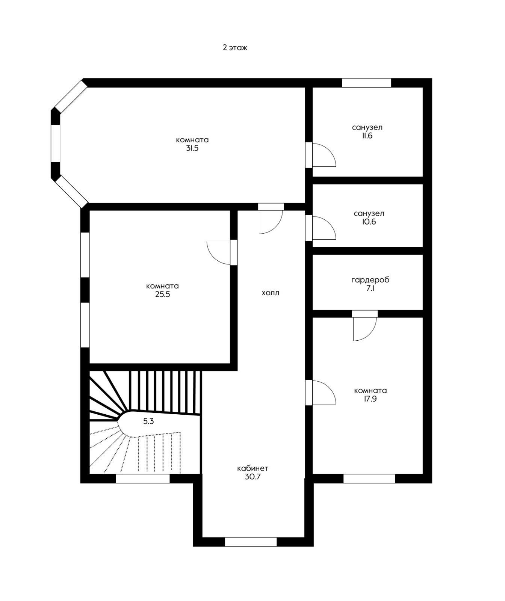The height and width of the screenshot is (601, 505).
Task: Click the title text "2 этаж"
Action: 235,48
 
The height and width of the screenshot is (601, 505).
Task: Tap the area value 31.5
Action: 192,148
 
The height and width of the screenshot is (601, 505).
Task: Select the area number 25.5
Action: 163,294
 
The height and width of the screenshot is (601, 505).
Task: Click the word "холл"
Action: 271,293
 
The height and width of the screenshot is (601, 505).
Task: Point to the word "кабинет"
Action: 252,468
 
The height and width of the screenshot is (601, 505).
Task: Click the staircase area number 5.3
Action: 148,421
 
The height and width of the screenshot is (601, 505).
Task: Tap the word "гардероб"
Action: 370,280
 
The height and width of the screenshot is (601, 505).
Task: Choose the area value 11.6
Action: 367,136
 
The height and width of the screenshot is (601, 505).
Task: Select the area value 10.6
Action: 369,222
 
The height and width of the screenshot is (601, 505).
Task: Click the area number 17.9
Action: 370,399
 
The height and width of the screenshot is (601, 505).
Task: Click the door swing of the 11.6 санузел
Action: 324,155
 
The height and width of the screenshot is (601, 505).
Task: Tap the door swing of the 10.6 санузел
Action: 324,228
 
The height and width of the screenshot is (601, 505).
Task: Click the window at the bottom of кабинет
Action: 251,542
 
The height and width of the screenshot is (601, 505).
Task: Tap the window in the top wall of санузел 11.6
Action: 366,83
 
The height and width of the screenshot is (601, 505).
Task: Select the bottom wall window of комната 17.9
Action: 369,479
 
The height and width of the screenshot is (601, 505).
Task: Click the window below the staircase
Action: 142,479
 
